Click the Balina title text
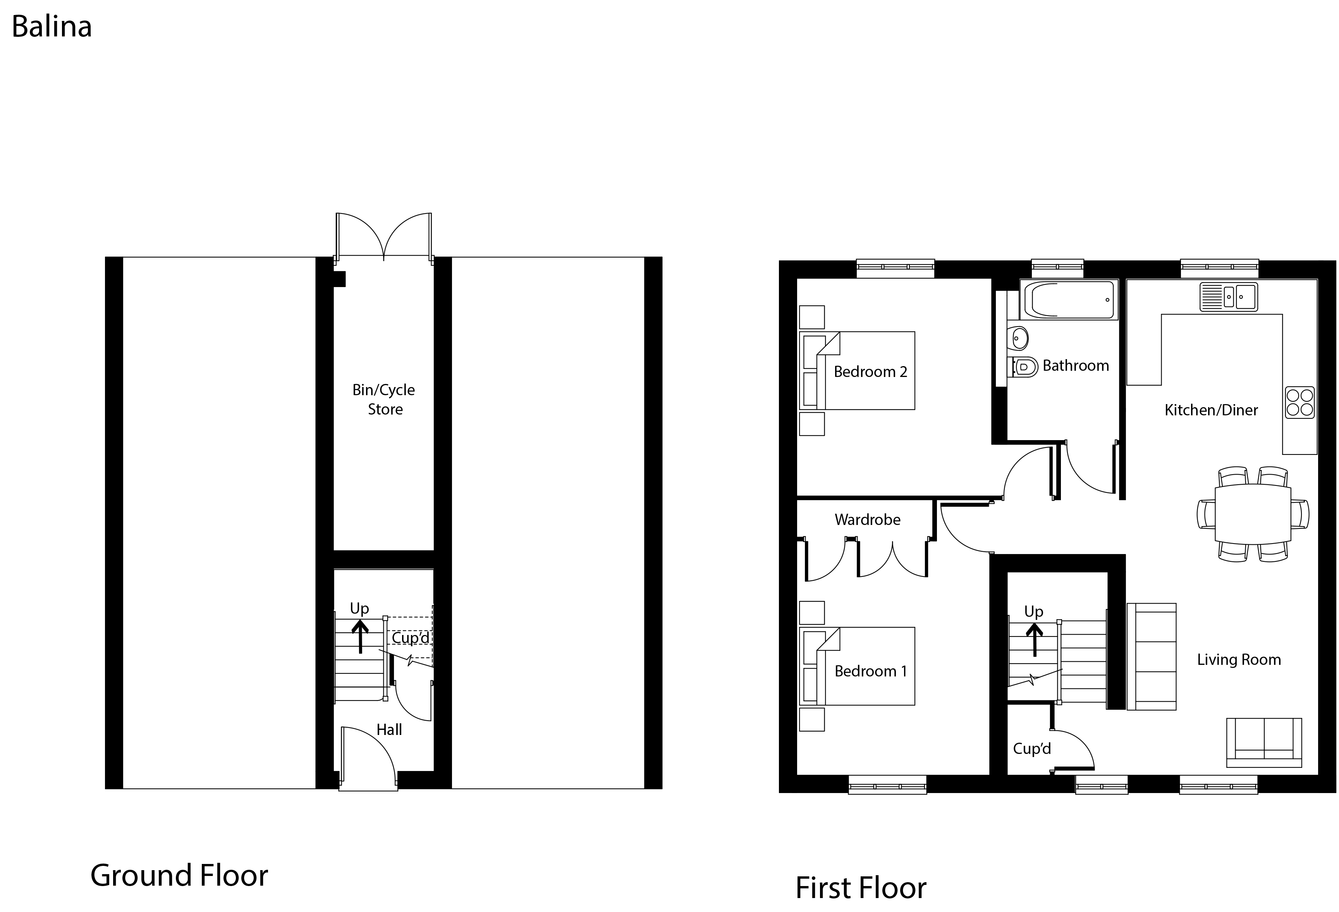(x=52, y=27)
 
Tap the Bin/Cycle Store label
(x=384, y=399)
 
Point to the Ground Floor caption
(x=179, y=875)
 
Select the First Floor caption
(x=861, y=888)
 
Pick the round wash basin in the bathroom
(x=1019, y=338)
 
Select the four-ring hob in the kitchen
(x=1300, y=403)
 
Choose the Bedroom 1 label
(x=871, y=671)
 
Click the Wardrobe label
(x=867, y=520)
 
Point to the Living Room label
(x=1239, y=659)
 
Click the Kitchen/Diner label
(x=1211, y=410)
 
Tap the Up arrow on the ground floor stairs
(x=360, y=635)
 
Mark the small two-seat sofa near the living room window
(x=1264, y=743)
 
